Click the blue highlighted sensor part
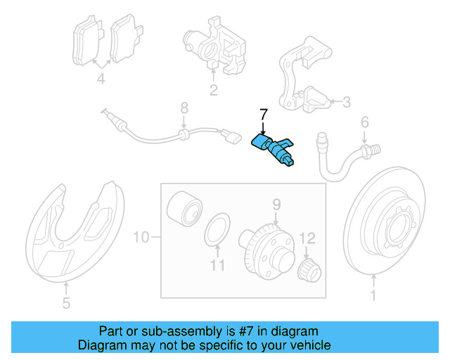275,148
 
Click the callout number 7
263,114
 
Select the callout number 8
184,108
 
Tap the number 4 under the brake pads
101,79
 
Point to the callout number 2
213,89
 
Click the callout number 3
345,103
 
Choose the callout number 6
365,122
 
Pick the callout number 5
66,304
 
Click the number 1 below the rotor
373,297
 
